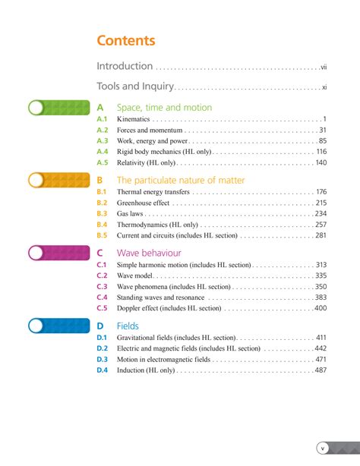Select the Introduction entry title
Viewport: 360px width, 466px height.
point(125,67)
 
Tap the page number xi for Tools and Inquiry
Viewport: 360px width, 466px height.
point(324,87)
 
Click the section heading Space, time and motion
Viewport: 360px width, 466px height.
point(164,108)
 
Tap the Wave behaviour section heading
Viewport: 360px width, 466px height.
point(149,253)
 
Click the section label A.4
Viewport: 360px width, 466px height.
point(103,152)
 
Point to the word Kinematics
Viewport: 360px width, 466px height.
point(134,120)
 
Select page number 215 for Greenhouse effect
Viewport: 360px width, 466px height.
point(321,203)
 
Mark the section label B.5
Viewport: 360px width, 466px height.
point(103,235)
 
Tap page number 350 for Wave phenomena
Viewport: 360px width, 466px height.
point(321,287)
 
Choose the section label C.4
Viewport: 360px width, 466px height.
point(103,298)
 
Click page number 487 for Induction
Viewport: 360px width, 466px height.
point(321,370)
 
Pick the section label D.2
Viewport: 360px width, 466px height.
point(103,348)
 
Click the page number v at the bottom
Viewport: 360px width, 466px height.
point(322,448)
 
